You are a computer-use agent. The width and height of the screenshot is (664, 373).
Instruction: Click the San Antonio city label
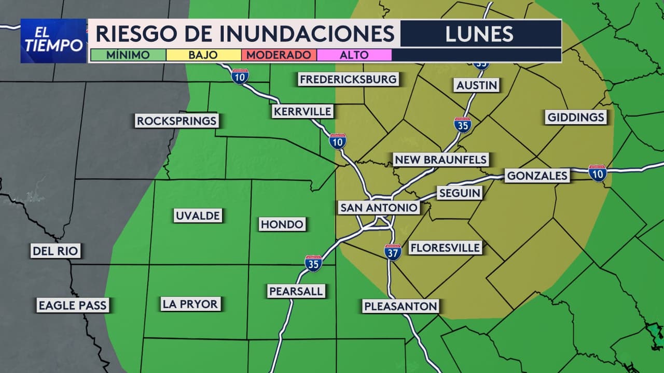(379, 208)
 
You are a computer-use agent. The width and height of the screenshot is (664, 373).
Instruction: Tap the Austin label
(477, 85)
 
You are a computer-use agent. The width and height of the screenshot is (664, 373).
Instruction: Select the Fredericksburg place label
(348, 79)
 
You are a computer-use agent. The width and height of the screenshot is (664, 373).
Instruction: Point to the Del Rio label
(55, 252)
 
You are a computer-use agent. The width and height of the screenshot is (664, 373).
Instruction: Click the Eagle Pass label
(73, 305)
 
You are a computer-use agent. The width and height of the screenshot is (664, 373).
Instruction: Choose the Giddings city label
(576, 117)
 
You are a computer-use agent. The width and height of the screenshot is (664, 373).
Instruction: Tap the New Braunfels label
(440, 160)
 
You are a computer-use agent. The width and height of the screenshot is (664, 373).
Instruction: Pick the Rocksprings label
(176, 121)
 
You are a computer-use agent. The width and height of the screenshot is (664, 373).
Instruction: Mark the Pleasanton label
(400, 306)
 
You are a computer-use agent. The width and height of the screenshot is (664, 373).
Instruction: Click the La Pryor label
(190, 304)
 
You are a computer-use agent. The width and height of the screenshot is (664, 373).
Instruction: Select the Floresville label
(445, 248)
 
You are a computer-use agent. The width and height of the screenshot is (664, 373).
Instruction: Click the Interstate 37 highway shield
(393, 252)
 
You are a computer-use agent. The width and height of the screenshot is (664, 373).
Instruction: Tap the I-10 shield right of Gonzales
(598, 173)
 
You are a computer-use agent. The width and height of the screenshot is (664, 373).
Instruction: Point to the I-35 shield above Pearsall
(313, 263)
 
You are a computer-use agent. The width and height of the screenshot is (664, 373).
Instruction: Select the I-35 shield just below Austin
(462, 125)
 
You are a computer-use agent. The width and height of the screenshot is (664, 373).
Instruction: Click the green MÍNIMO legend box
(128, 55)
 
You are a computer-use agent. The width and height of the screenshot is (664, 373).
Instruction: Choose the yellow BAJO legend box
(203, 55)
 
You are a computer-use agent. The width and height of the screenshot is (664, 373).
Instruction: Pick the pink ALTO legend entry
(354, 55)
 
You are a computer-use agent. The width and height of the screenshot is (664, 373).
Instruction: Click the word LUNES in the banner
(479, 34)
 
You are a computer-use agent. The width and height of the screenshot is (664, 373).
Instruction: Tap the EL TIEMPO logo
(53, 41)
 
